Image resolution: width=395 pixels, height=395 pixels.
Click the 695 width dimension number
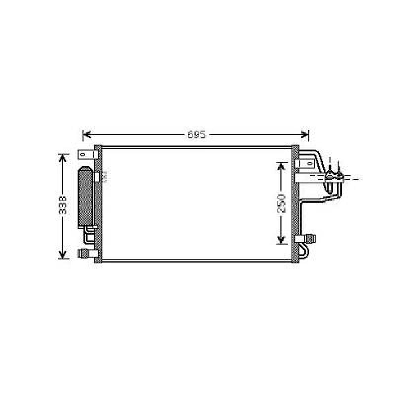(196, 135)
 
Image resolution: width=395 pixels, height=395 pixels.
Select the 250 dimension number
(281, 203)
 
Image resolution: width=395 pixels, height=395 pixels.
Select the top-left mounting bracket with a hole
(84, 154)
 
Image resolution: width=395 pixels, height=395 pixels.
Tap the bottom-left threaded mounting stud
(85, 253)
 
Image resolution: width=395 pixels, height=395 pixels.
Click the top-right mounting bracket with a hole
(305, 163)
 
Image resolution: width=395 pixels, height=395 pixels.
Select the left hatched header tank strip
(98, 204)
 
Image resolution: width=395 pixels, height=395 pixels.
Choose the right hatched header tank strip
(295, 204)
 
